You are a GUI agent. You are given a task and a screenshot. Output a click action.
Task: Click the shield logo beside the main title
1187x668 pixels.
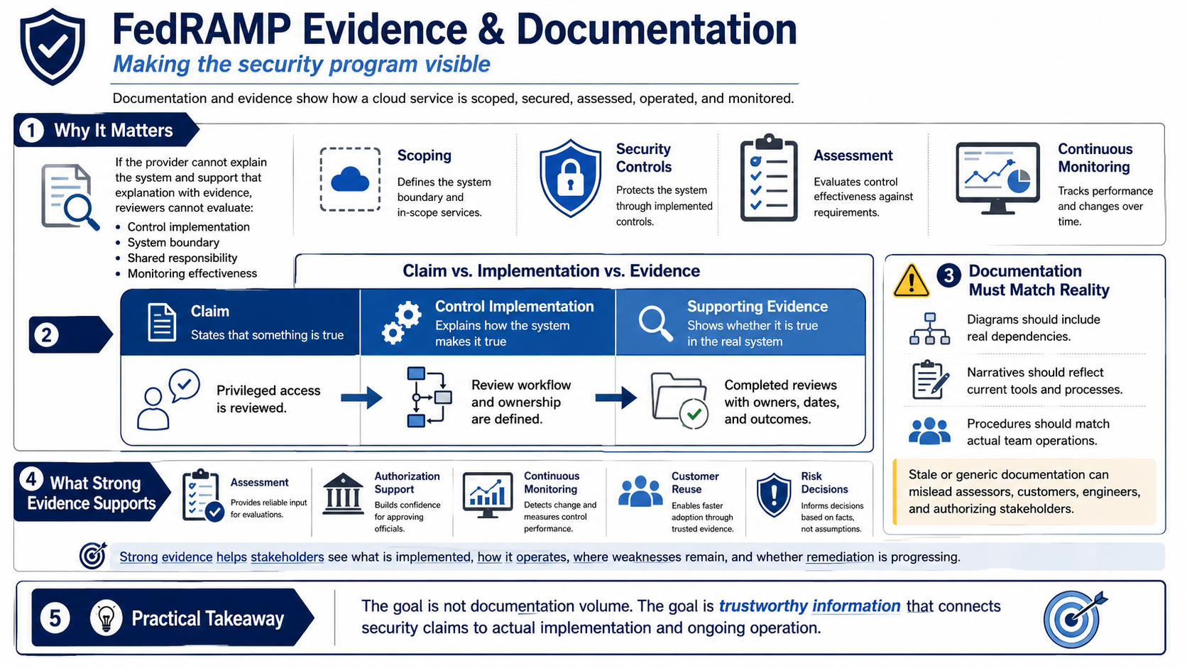coord(52,47)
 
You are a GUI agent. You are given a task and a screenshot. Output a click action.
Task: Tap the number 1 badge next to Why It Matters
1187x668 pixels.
coord(31,131)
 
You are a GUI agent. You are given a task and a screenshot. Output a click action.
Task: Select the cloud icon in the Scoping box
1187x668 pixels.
coord(350,180)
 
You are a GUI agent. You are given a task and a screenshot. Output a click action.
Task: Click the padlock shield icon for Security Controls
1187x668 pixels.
coord(570,178)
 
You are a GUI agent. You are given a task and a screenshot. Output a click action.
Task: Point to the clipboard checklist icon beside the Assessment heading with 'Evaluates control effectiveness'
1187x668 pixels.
coord(769,177)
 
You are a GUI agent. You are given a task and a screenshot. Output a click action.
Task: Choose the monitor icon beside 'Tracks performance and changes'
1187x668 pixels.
coord(998,178)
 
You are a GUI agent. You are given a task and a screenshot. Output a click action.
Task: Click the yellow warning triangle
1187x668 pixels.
coord(911,280)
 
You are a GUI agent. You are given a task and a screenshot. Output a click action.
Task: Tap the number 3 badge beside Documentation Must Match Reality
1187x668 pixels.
coord(948,275)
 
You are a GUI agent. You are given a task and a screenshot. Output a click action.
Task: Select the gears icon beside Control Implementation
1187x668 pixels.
coord(401,322)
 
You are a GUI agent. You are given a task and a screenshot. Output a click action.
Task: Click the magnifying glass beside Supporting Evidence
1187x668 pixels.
coord(655,323)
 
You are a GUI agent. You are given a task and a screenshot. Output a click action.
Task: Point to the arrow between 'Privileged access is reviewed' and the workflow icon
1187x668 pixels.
coord(361,398)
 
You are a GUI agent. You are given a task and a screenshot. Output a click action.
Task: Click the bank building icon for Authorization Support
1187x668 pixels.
coord(343,493)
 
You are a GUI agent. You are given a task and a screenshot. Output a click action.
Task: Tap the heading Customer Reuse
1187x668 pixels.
coord(695,483)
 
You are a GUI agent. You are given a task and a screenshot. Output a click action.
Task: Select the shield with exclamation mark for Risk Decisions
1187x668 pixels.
coord(774,495)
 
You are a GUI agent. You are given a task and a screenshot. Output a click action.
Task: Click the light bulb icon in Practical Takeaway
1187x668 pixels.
coord(106,618)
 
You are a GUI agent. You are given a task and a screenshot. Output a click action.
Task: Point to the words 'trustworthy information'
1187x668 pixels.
coord(809,606)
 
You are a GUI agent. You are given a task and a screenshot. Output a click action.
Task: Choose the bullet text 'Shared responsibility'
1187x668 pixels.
coord(182,258)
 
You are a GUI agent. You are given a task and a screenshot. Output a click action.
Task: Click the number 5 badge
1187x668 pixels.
coord(55,618)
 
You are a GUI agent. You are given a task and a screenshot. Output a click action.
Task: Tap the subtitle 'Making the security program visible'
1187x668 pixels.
coord(302,64)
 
